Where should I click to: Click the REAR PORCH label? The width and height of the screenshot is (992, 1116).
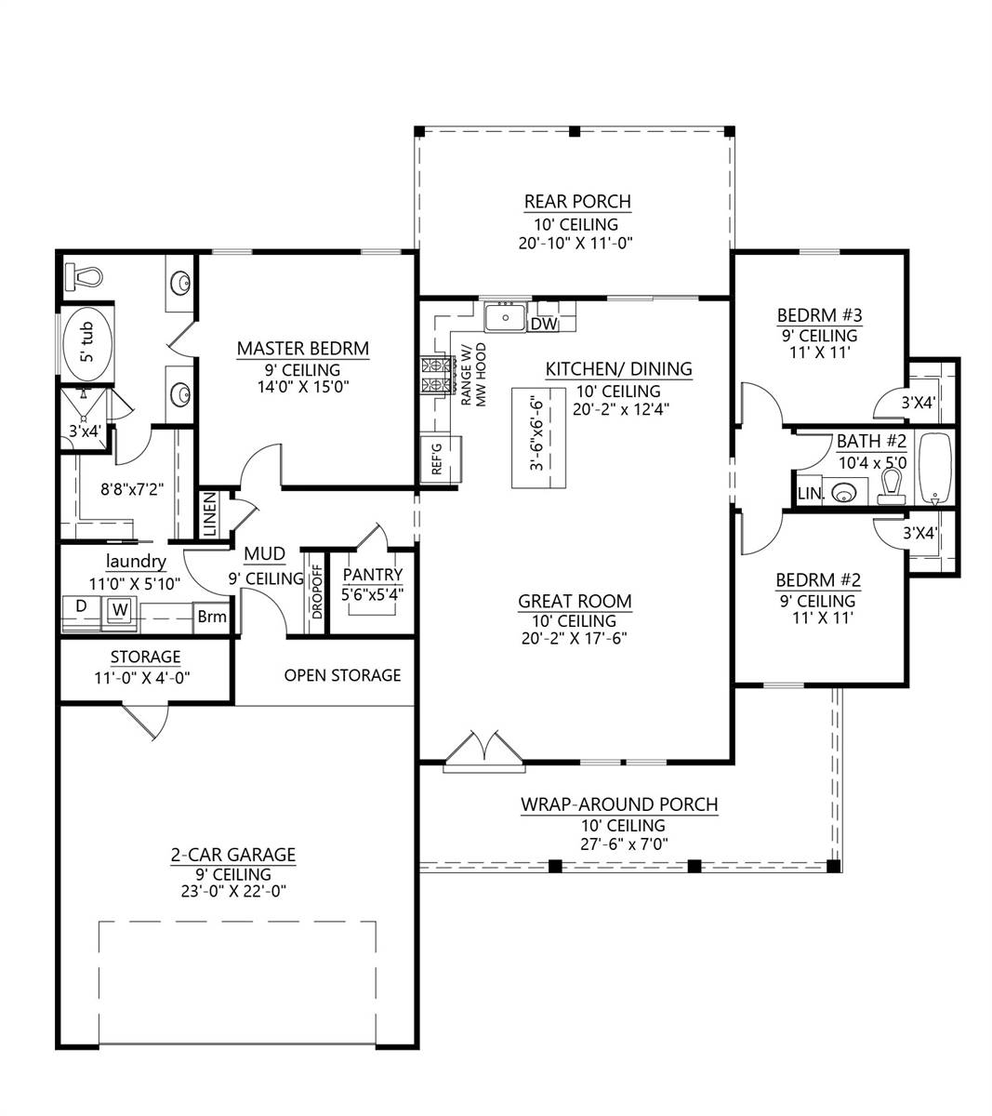tap(576, 202)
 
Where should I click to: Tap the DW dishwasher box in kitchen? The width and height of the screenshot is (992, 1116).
tap(543, 324)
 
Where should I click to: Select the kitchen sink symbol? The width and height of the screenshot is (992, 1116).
tap(505, 317)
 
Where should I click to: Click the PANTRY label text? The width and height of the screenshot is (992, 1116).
tap(373, 575)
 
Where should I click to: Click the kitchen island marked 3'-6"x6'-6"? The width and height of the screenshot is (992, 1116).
tap(538, 437)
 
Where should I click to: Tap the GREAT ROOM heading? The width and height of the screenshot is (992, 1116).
tap(575, 602)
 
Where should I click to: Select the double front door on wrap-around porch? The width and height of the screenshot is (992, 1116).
tap(483, 751)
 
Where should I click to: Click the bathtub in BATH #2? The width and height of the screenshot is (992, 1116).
tap(933, 468)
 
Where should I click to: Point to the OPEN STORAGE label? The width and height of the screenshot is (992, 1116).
tap(342, 675)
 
